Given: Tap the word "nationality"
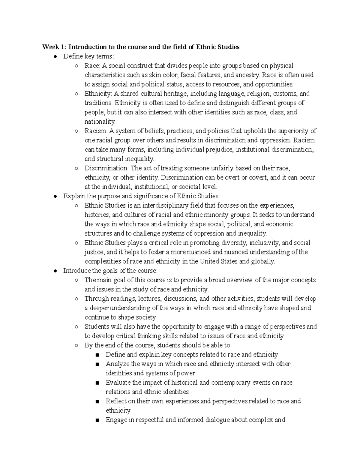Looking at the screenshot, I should [x=99, y=122].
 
